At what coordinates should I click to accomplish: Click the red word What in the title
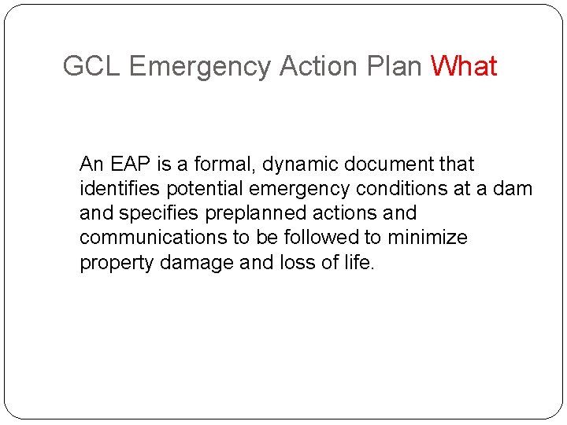click(x=464, y=66)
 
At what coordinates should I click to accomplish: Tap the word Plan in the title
click(x=395, y=66)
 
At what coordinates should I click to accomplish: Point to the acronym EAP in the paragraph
click(x=128, y=164)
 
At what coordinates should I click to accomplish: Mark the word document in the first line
click(x=391, y=164)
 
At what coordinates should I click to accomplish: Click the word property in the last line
click(x=117, y=262)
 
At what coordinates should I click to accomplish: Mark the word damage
click(x=195, y=262)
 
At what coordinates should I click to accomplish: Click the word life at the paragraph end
click(x=359, y=262)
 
